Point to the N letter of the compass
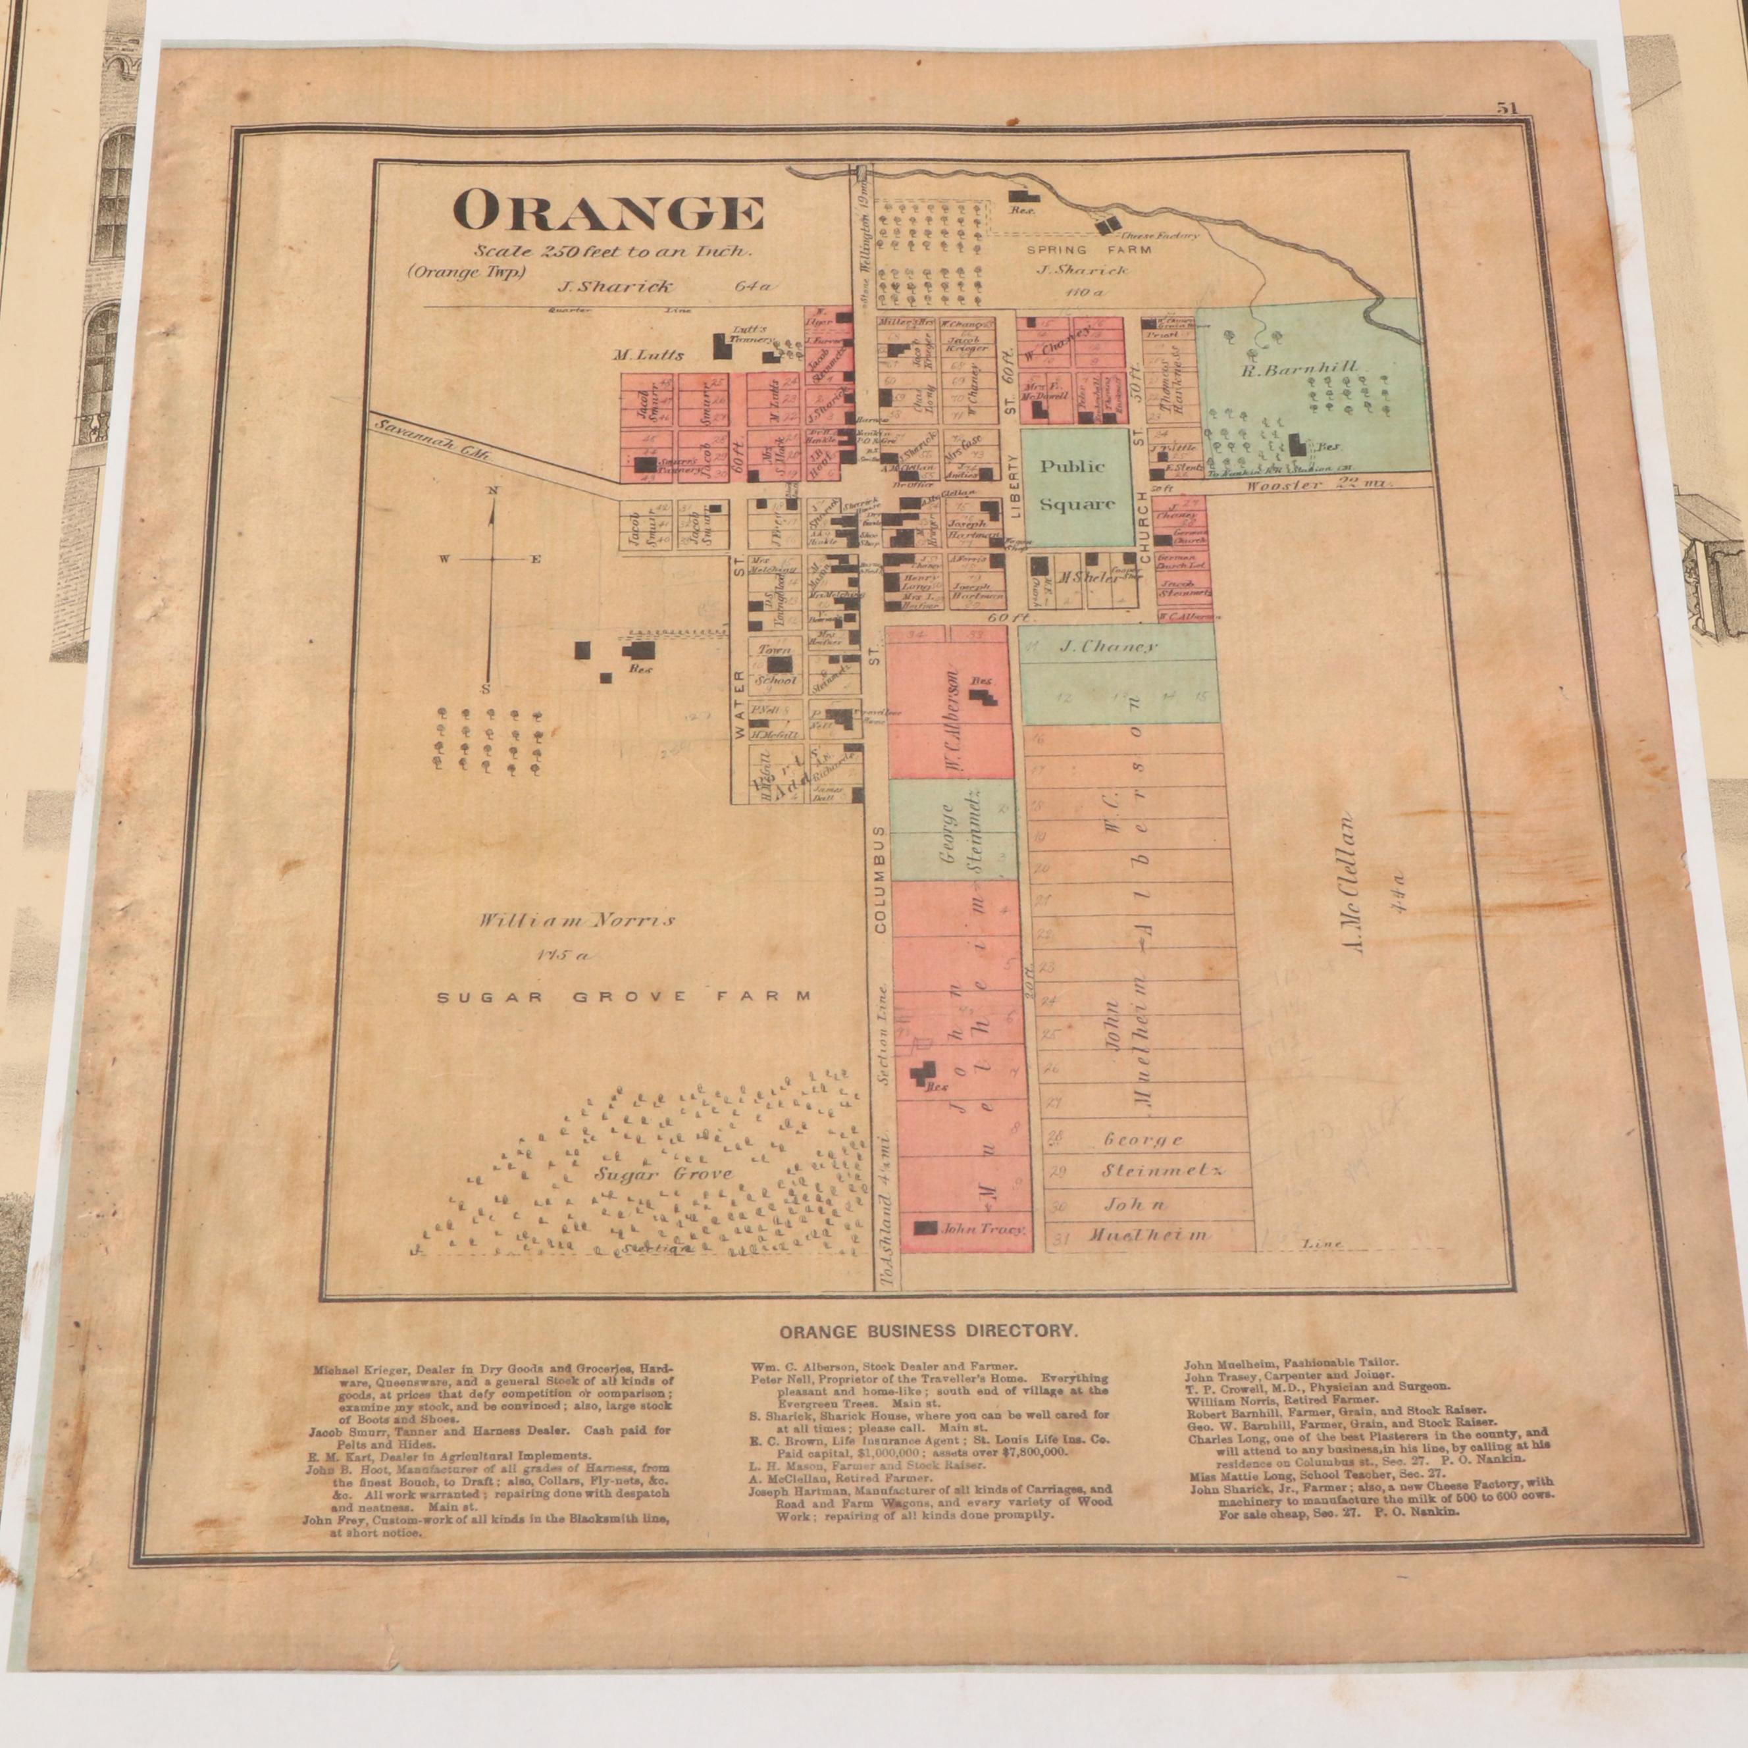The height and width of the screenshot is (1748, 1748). pyautogui.click(x=493, y=490)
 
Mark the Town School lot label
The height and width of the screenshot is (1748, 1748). pyautogui.click(x=773, y=664)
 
